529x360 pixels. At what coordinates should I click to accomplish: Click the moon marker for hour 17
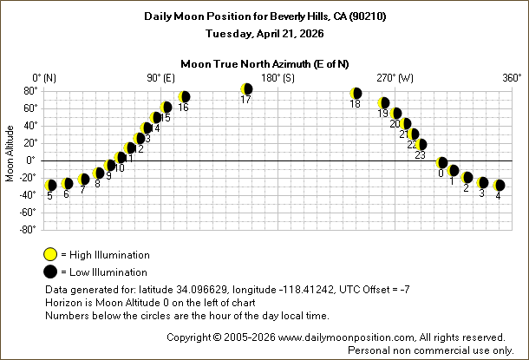[247, 89]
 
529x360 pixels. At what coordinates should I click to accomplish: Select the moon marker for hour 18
[356, 94]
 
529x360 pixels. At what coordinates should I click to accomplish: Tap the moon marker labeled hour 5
[51, 185]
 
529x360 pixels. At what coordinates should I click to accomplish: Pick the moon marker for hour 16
[183, 97]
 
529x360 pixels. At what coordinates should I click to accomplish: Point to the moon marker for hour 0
[442, 163]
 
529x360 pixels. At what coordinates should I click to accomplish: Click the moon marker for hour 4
[499, 186]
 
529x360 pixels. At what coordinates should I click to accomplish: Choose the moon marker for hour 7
[84, 180]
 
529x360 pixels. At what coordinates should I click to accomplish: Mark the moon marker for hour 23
[421, 145]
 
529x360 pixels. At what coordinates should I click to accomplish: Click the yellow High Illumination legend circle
[51, 254]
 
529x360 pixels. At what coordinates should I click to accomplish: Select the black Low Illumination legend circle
[51, 272]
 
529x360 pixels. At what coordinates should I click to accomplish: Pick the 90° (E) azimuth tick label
[160, 78]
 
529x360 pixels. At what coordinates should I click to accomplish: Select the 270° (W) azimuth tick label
[395, 78]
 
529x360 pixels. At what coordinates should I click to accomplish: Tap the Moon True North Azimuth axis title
[264, 63]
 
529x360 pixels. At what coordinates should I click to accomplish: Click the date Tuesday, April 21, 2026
[264, 35]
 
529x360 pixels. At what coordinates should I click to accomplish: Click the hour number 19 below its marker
[382, 114]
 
